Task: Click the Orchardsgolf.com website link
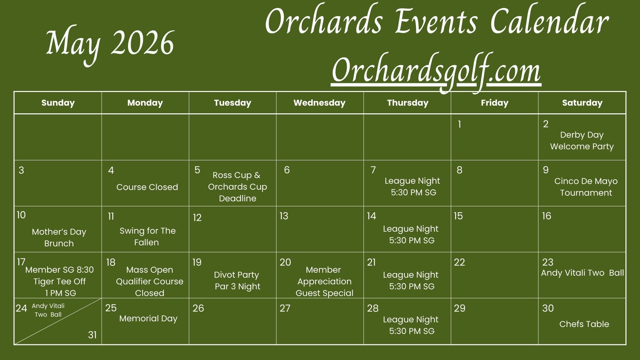click(x=436, y=71)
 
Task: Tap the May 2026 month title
click(x=110, y=45)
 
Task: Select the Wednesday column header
click(x=319, y=103)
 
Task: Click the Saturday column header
click(x=582, y=103)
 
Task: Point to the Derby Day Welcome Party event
click(x=582, y=141)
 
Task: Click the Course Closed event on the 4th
click(x=147, y=187)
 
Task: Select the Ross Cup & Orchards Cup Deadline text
click(x=237, y=187)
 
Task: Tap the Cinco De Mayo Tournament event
click(x=586, y=187)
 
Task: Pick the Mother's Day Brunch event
click(x=59, y=237)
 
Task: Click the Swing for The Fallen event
click(x=147, y=236)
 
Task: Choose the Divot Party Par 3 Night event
click(x=237, y=281)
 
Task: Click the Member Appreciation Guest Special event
click(x=324, y=281)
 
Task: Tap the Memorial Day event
click(x=148, y=318)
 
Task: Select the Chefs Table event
click(x=584, y=324)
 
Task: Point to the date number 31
click(x=92, y=335)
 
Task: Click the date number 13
click(x=284, y=216)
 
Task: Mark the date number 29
click(x=460, y=308)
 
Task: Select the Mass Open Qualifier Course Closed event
click(x=150, y=281)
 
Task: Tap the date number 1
click(x=459, y=124)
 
